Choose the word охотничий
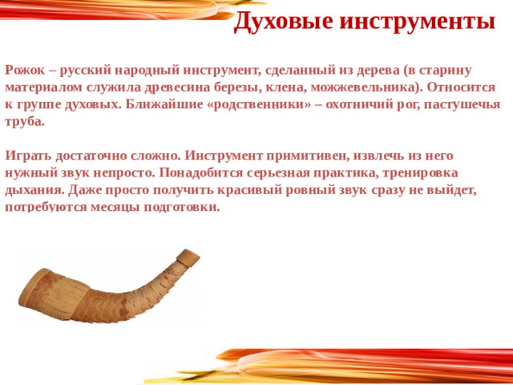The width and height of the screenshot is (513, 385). click(x=351, y=106)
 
